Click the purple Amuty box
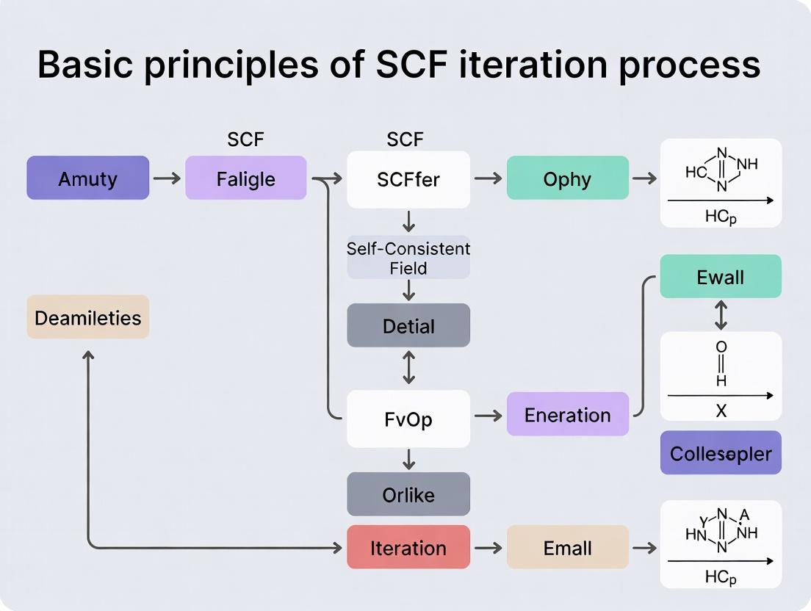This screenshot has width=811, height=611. pos(87,178)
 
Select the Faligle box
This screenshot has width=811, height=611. pos(245,178)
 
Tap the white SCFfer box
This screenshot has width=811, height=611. pos(408,179)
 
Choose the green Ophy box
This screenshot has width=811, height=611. pos(567,178)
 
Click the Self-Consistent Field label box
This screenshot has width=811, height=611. pos(408,258)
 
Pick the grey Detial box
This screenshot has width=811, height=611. pos(408,325)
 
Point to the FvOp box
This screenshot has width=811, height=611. pos(408,419)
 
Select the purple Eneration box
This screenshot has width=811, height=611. pos(567,415)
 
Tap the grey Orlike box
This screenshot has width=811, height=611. pos(408,494)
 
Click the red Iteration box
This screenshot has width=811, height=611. pos(408,547)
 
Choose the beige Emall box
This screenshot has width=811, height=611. pos(567,547)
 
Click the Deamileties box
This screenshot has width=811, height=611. pos(87,317)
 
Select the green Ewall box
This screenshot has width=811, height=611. pos(720,277)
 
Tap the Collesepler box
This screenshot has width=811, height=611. pos(720,453)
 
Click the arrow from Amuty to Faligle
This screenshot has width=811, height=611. pos(167,178)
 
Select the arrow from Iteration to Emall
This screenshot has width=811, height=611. pos(488,548)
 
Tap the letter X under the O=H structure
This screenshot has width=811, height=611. pos(721,411)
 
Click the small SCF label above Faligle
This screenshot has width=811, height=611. pos(245,140)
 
